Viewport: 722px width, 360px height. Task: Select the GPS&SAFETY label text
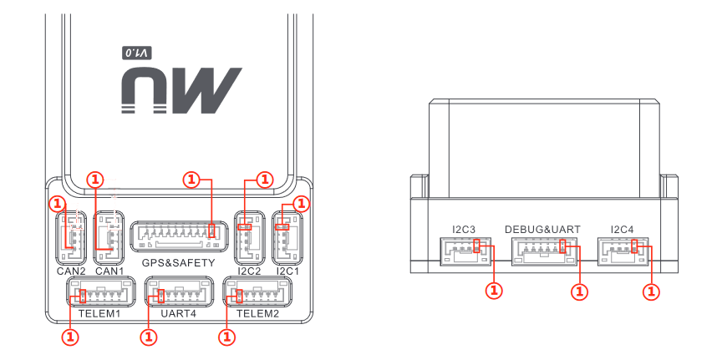179,263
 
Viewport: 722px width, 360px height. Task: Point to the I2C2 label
249,271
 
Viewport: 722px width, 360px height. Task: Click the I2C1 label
287,271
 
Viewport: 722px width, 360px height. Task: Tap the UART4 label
179,314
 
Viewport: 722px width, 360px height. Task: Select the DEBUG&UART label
543,229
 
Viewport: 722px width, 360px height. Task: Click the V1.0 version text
136,53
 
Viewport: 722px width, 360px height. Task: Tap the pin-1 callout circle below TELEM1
70,337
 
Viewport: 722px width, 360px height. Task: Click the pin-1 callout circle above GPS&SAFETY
191,180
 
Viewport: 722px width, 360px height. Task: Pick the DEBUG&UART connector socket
545,251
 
